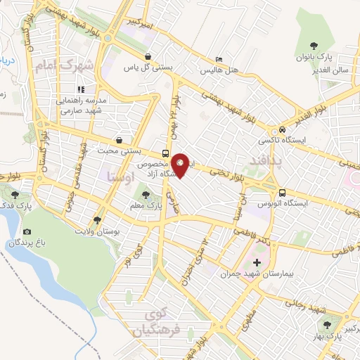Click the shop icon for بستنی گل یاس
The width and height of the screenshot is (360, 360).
tap(148, 57)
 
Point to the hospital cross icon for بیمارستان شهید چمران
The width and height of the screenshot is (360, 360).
tap(257, 264)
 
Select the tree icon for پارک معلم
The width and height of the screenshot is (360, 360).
tap(146, 194)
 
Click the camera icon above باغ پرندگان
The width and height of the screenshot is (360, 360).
tap(27, 231)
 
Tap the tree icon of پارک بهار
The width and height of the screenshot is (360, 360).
tap(327, 324)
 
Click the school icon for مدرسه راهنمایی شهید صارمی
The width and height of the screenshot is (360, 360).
tap(81, 90)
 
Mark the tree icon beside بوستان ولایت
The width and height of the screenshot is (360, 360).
tap(97, 219)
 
